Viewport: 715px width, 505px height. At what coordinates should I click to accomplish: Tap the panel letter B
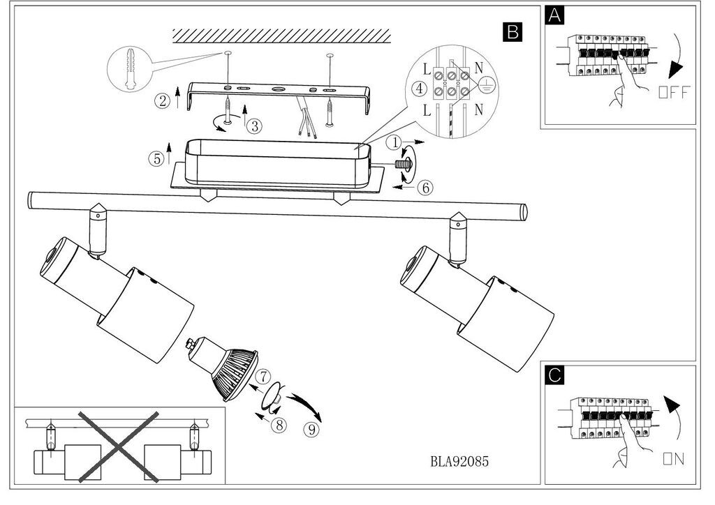click(x=512, y=31)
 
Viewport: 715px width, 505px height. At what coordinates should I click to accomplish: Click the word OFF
click(x=673, y=92)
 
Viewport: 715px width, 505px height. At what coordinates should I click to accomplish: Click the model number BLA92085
click(x=459, y=461)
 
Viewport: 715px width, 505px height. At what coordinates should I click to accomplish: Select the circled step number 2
click(x=162, y=100)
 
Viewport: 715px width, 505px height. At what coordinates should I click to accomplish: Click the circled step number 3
click(x=255, y=126)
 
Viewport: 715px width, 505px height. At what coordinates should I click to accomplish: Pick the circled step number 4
click(x=418, y=89)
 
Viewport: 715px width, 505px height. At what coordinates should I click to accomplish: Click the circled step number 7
click(x=263, y=376)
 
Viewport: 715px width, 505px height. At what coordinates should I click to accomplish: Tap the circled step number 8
click(x=280, y=425)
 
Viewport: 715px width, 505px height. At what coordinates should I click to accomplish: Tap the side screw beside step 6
click(x=404, y=165)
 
